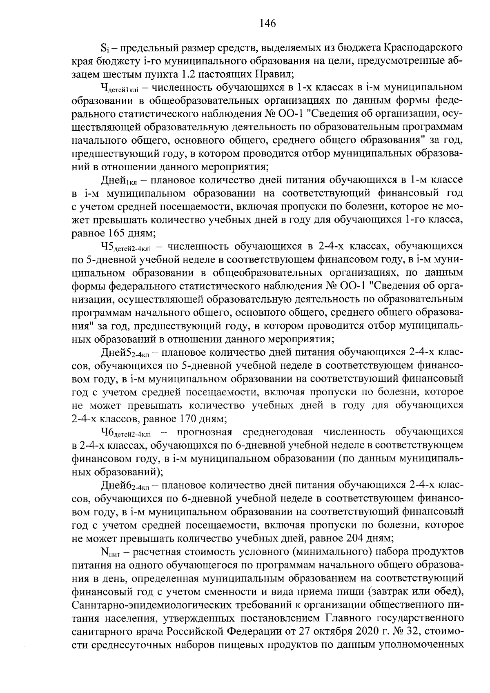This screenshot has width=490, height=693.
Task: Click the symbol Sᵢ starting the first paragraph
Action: point(103,48)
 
